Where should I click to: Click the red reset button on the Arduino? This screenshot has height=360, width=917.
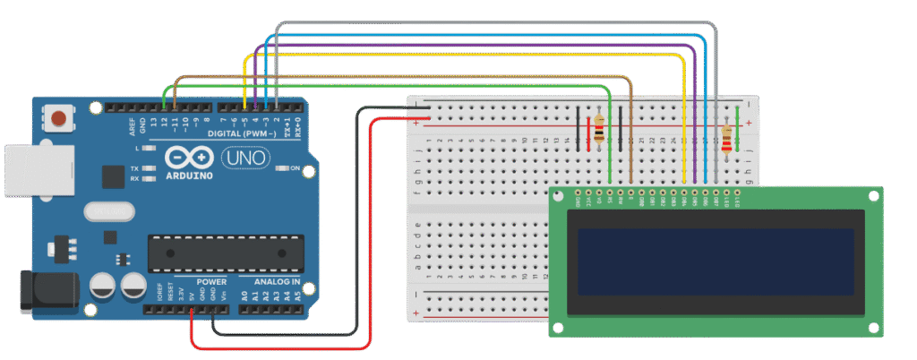[x=59, y=117]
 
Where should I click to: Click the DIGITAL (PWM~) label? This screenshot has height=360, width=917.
[x=234, y=133]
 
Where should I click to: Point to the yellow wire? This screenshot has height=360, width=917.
[x=466, y=56]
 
